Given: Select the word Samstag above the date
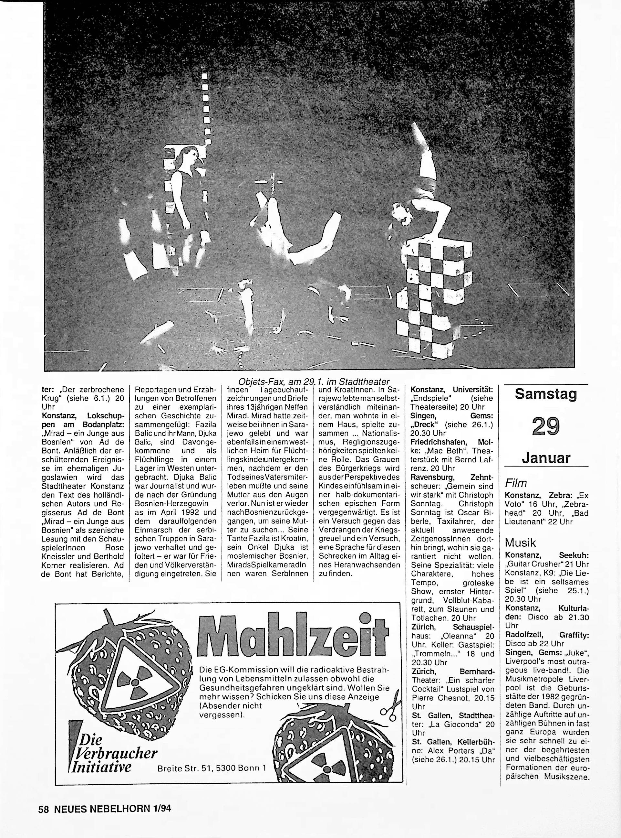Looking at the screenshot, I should tap(546, 394).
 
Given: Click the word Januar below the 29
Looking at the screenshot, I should tap(546, 458).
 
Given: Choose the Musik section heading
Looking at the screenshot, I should tap(520, 542).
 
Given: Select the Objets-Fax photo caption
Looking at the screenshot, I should tap(314, 381).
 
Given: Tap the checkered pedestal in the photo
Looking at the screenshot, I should tap(436, 297).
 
